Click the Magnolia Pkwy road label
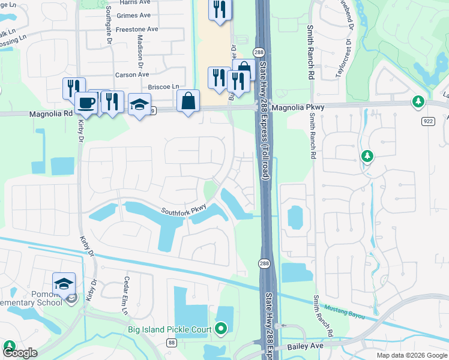pyautogui.click(x=298, y=108)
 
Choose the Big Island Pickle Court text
pyautogui.click(x=172, y=329)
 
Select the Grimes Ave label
pyautogui.click(x=135, y=16)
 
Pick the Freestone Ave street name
pyautogui.click(x=137, y=29)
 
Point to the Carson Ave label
pyautogui.click(x=132, y=74)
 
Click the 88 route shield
pyautogui.click(x=172, y=343)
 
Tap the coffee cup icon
pyautogui.click(x=86, y=103)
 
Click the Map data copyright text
pyautogui.click(x=411, y=355)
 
